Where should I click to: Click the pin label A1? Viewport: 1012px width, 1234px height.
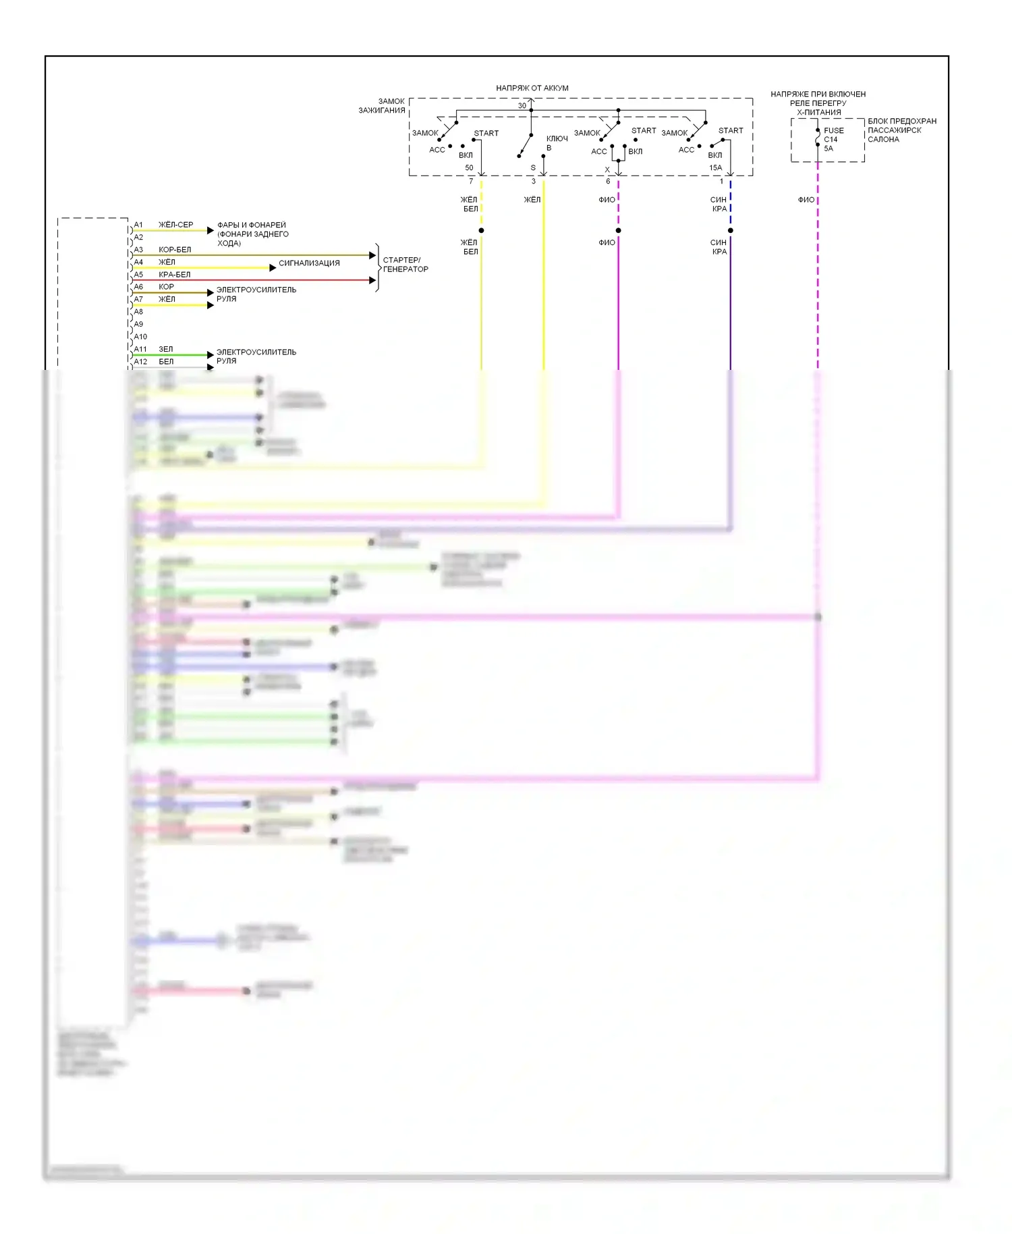(x=138, y=225)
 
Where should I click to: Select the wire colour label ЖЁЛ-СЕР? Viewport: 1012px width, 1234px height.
(x=175, y=225)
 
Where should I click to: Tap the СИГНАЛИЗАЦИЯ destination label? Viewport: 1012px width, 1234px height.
(x=309, y=263)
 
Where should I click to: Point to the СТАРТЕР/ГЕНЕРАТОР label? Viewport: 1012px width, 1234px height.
(x=405, y=265)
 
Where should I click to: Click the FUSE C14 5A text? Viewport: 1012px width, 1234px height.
(x=833, y=140)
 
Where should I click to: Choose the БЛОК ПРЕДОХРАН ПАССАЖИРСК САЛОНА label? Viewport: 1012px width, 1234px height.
(x=901, y=130)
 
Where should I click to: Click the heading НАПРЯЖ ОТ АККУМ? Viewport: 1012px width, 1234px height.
(x=532, y=88)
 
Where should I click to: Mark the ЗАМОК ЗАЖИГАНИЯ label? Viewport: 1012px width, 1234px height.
(x=383, y=106)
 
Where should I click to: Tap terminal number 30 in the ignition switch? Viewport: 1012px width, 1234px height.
(x=522, y=106)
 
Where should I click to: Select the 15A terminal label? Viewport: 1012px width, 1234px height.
(x=715, y=168)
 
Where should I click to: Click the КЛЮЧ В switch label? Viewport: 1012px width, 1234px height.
(x=557, y=143)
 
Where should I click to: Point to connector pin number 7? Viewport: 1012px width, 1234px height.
(x=471, y=182)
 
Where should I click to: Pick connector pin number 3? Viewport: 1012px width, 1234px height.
(x=533, y=182)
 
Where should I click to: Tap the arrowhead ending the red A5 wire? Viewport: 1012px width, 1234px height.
(x=372, y=280)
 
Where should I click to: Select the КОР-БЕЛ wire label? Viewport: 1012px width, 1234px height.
(x=175, y=250)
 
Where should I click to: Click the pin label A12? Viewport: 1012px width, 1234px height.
(x=140, y=362)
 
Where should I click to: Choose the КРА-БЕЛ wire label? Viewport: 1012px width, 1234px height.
(x=174, y=275)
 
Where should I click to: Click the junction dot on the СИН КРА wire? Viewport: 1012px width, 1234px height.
(x=730, y=231)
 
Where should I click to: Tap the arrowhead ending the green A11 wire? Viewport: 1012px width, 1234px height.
(x=210, y=355)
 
